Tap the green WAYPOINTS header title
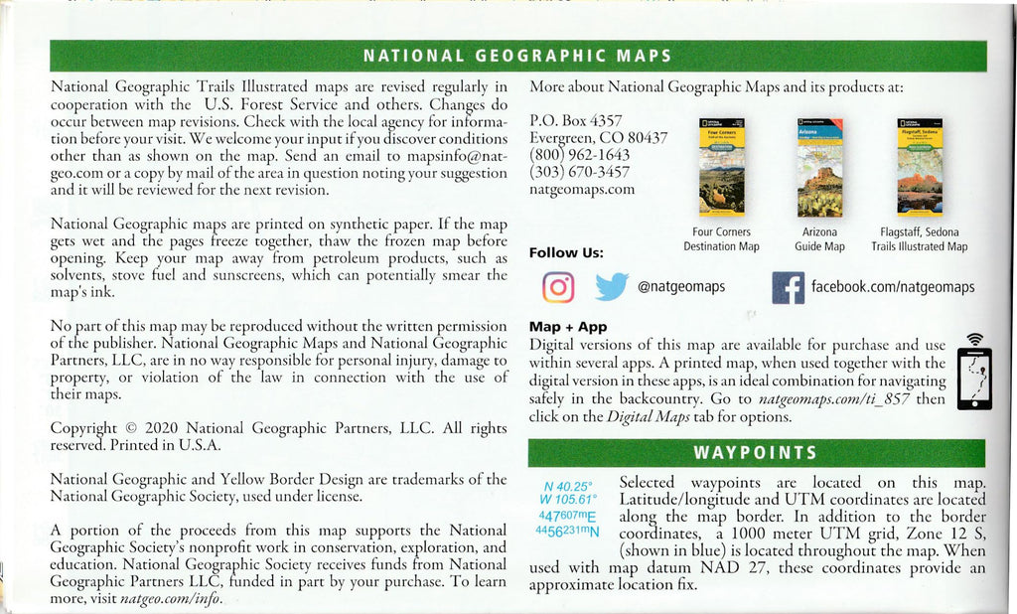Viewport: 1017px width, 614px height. (754, 453)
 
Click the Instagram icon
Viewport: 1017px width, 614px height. (558, 287)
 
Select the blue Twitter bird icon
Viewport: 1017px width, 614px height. (612, 287)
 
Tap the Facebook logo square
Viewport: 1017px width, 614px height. (788, 288)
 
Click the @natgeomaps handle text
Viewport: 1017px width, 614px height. (680, 287)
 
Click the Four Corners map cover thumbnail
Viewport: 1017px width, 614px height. (721, 167)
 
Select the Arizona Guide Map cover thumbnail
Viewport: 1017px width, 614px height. (819, 167)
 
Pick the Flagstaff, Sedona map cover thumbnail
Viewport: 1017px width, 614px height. (919, 167)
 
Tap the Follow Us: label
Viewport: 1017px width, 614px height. (566, 252)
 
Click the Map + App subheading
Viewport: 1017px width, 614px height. (568, 326)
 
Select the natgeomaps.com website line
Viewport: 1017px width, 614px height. (582, 189)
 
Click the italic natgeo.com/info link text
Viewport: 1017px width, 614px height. (169, 599)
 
